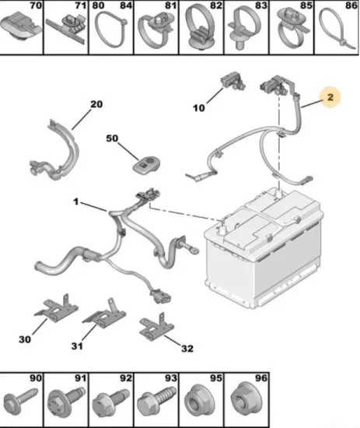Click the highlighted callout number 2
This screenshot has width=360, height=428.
(x=330, y=97)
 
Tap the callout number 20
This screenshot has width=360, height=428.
(x=96, y=104)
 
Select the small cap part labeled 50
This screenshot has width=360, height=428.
(x=146, y=164)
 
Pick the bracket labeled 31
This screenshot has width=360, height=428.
(x=105, y=314)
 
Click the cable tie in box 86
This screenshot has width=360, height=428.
(x=337, y=28)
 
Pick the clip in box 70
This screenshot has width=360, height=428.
(x=20, y=26)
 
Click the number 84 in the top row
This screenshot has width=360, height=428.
(x=126, y=5)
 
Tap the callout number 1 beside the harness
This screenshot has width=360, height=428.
(x=75, y=202)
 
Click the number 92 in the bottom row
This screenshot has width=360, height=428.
(x=126, y=377)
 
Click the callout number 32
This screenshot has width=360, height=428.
(x=187, y=349)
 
